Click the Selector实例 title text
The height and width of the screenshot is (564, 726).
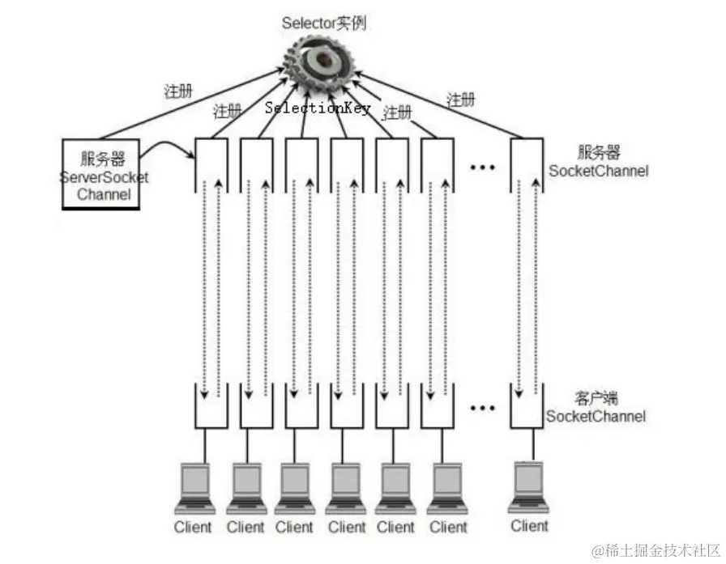click(x=324, y=23)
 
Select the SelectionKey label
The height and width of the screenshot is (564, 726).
click(x=318, y=108)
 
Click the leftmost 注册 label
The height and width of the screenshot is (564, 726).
click(x=178, y=91)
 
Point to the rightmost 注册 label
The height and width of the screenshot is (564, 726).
click(x=460, y=100)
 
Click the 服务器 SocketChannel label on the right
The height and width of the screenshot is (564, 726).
click(x=599, y=162)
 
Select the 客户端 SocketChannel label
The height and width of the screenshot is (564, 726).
click(x=596, y=408)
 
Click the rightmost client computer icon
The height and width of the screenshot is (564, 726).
click(x=529, y=486)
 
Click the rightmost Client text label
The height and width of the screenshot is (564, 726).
click(x=529, y=526)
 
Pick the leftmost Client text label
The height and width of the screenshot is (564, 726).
click(x=193, y=528)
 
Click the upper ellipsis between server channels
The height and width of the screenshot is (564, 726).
click(x=482, y=167)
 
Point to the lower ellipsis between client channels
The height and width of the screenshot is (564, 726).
click(x=482, y=407)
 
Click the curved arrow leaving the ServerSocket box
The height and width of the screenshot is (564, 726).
click(x=166, y=146)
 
